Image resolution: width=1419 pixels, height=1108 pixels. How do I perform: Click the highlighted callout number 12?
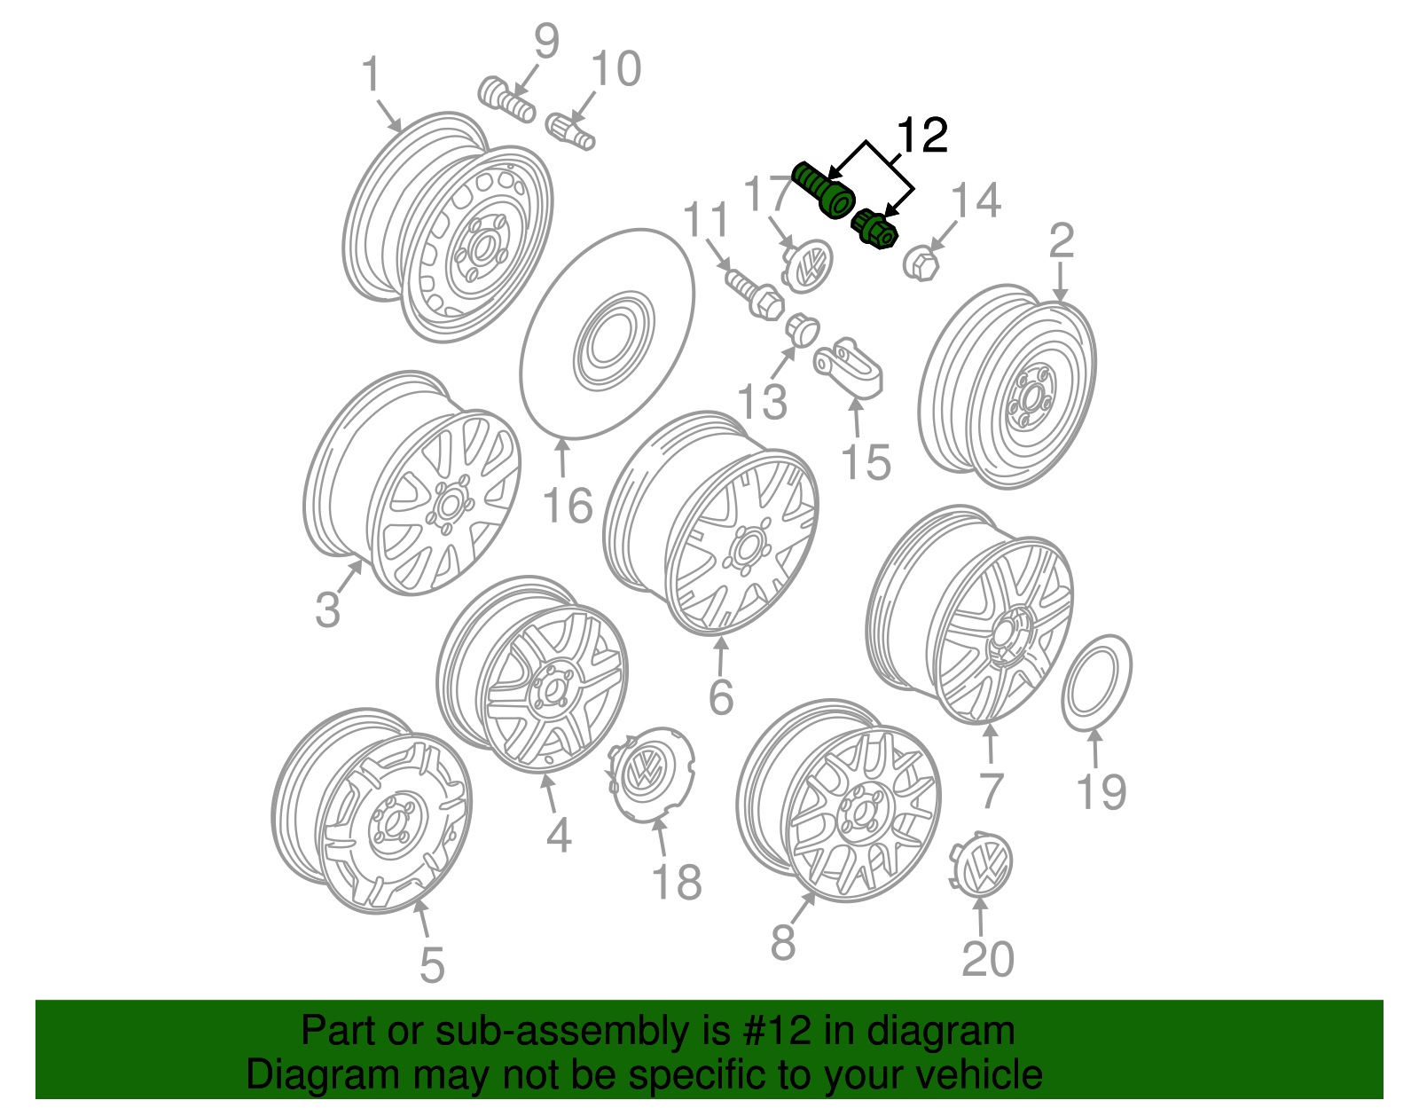[922, 135]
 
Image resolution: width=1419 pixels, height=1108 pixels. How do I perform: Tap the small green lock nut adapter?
[874, 230]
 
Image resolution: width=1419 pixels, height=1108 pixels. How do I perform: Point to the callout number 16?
[567, 507]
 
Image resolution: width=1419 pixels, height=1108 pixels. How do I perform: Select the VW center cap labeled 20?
[983, 863]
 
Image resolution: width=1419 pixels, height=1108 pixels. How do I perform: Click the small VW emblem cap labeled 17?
[809, 263]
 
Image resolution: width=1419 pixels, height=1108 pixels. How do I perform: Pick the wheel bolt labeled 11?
[754, 294]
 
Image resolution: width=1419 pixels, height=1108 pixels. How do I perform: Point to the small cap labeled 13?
[802, 329]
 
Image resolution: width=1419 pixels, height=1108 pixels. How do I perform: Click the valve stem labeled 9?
[506, 100]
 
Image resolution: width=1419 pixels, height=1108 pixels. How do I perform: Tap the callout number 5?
[431, 965]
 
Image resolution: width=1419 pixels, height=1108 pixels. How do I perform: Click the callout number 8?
[782, 942]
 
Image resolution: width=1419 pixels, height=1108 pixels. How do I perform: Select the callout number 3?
[327, 610]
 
